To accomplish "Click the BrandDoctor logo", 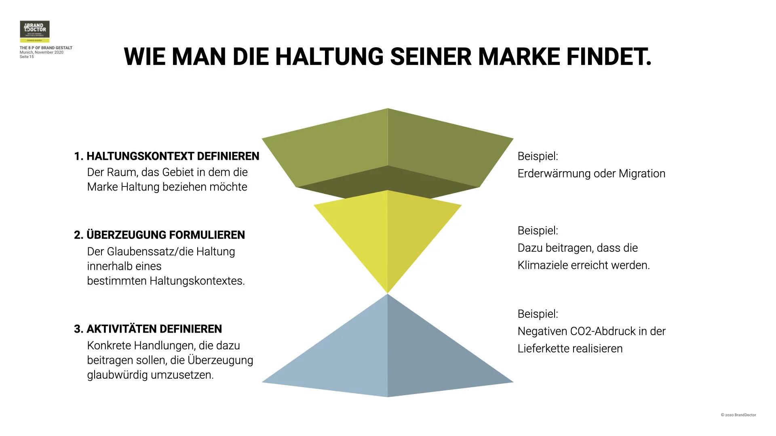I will (x=35, y=31).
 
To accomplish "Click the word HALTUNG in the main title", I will (x=329, y=57).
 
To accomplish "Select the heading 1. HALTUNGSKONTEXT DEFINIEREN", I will (x=167, y=156).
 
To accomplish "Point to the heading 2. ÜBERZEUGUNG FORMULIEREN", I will (x=159, y=235).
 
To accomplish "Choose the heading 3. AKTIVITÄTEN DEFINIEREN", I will (x=148, y=329).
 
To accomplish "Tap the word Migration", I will (x=642, y=174).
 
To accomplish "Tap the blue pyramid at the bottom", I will (x=387, y=355).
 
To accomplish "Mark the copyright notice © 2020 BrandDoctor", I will (x=738, y=415).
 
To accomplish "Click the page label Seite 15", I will (x=27, y=57).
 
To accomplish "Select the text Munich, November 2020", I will (x=41, y=52).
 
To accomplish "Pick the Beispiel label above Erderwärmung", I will (x=538, y=156).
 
